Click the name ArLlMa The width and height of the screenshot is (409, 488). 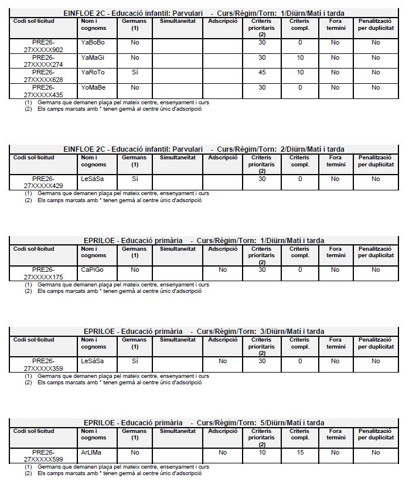coord(91,452)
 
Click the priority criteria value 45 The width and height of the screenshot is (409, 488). coord(262,73)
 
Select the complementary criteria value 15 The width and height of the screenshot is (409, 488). coord(300,452)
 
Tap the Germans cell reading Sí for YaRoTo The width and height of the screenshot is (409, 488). coord(135,73)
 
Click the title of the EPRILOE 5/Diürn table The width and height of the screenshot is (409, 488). coord(204,423)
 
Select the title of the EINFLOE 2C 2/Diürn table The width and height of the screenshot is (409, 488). coord(204,149)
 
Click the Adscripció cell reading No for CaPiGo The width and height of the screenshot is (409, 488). coord(223,270)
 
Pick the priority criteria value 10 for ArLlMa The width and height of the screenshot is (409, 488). coord(262,452)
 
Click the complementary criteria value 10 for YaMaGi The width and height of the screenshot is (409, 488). coord(300,57)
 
